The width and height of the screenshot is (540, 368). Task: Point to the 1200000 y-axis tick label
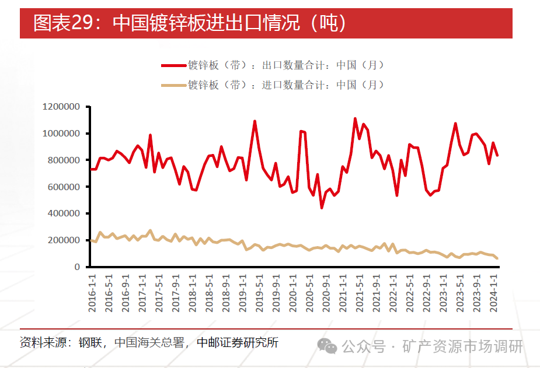tap(61, 107)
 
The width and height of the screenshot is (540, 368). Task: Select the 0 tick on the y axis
tap(77, 267)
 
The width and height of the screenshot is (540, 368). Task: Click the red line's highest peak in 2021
tap(355, 118)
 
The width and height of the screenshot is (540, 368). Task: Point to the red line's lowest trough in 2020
tap(322, 208)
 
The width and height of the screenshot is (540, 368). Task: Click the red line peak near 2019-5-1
tap(255, 121)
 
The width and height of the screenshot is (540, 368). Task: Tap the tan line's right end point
tap(497, 258)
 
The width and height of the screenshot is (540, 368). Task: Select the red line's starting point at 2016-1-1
tap(91, 169)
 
